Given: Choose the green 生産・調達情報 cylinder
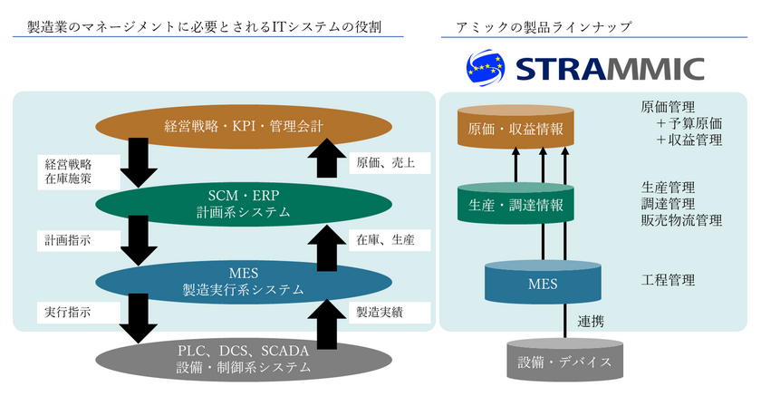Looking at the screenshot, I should [516, 205].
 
